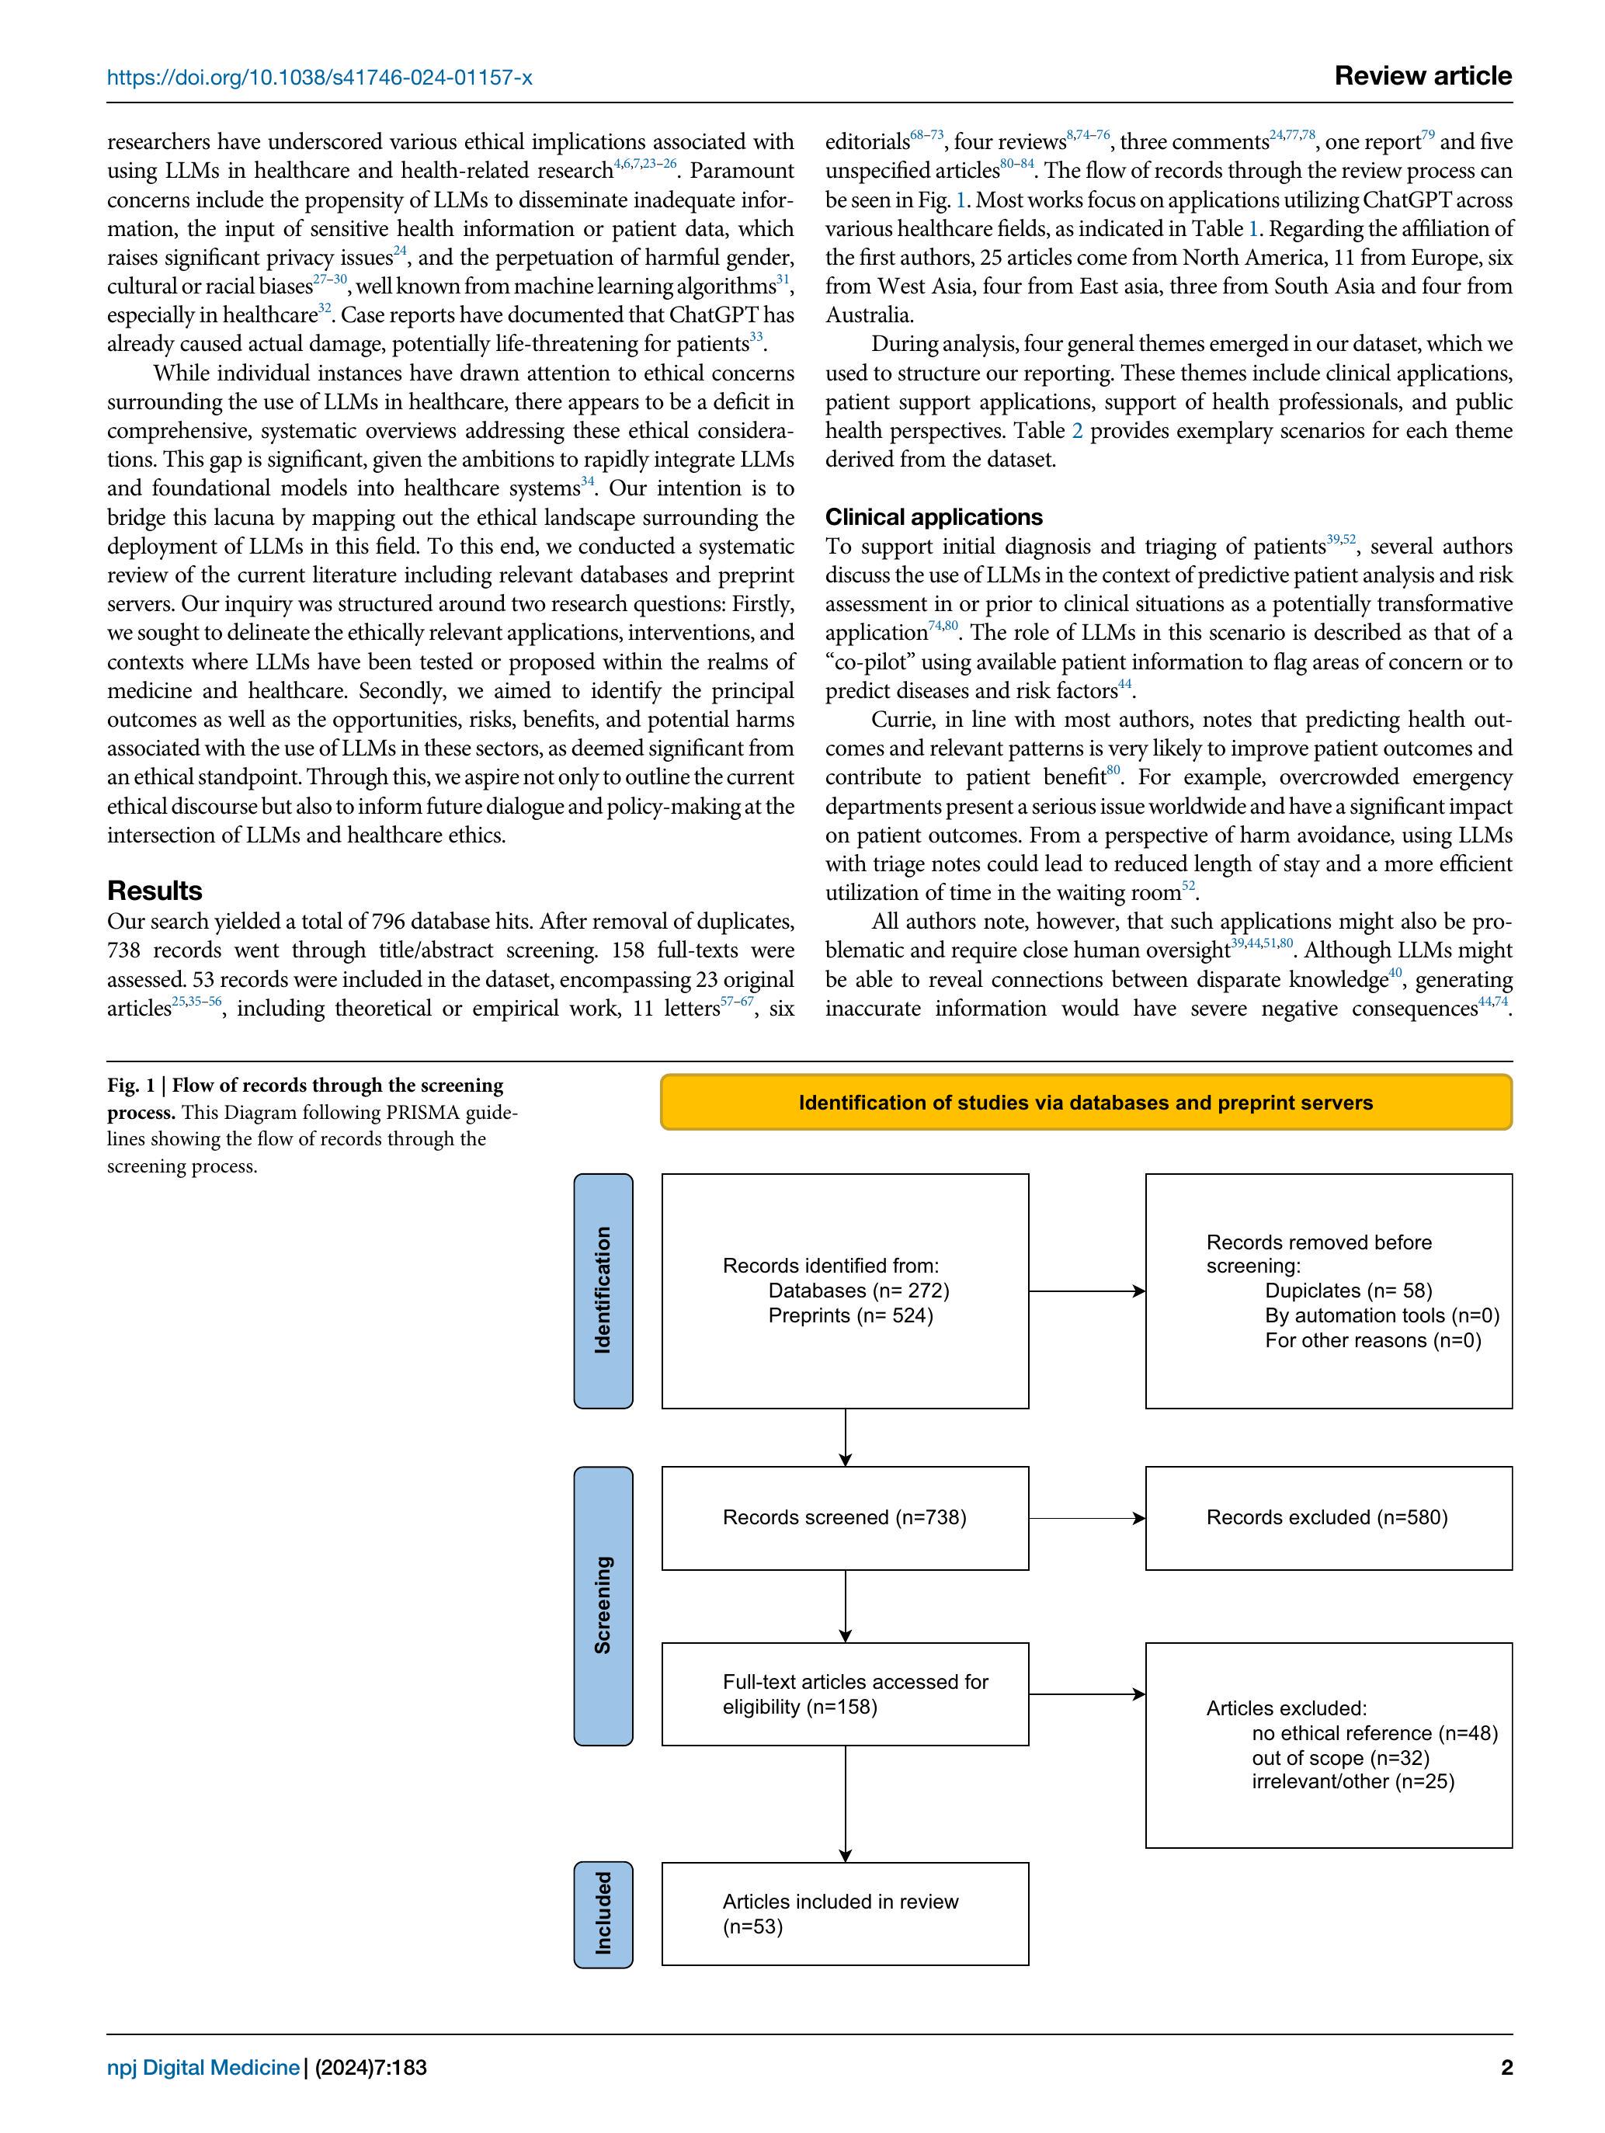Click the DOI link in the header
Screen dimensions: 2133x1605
319,77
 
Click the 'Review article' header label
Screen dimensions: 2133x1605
1422,76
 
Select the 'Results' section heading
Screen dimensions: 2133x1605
155,890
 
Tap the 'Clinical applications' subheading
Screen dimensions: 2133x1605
933,517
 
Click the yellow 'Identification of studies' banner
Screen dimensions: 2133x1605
1085,1102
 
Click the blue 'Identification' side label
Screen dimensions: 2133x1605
603,1291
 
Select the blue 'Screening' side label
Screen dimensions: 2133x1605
603,1606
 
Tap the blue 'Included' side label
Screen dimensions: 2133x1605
603,1913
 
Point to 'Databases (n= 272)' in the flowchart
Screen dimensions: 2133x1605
859,1291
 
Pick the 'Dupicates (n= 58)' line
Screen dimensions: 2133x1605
1347,1291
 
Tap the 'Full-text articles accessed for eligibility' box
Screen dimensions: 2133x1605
845,1694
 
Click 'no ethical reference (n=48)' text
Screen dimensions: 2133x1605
1374,1733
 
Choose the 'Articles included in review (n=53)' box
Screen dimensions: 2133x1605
845,1913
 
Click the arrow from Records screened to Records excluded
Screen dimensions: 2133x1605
1086,1519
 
